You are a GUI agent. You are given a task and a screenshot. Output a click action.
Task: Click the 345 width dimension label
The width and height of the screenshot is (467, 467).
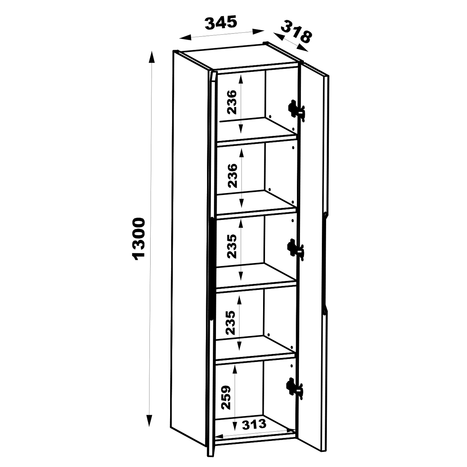(x=221, y=23)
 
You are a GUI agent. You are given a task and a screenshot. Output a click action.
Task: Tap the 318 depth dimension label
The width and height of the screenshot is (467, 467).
(x=296, y=32)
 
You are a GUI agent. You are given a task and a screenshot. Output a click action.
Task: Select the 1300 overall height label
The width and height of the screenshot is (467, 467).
(x=139, y=239)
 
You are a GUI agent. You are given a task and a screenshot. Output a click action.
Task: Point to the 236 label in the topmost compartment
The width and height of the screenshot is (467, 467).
(x=232, y=102)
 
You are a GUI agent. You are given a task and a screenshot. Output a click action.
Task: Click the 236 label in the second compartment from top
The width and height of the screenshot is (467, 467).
(x=232, y=176)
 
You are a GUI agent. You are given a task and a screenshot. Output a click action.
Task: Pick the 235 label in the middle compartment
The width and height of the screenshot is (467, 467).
(x=232, y=246)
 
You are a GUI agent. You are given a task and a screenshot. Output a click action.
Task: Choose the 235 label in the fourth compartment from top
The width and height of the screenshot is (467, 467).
(x=230, y=323)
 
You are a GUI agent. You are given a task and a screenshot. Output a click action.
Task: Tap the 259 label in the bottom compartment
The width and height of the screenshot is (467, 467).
(x=226, y=397)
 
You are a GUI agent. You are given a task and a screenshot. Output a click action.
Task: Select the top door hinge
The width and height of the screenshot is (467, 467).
(x=296, y=109)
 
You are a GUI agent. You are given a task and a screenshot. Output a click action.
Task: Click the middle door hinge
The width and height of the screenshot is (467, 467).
(x=295, y=249)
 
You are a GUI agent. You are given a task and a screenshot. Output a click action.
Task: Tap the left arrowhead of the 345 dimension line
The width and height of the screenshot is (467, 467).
(x=185, y=38)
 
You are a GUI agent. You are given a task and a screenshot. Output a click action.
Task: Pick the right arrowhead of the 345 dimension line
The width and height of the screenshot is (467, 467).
(x=258, y=31)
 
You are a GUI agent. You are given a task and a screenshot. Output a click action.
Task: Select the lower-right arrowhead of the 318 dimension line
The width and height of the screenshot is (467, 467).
(x=303, y=48)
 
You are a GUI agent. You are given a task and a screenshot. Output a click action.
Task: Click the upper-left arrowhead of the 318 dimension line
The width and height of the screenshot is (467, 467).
(x=279, y=36)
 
